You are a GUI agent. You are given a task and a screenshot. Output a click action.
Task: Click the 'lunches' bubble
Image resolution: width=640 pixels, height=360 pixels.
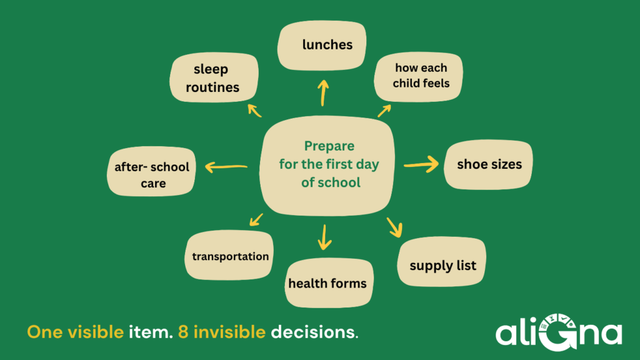322,45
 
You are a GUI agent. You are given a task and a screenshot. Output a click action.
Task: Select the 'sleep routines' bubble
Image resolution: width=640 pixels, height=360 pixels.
214,77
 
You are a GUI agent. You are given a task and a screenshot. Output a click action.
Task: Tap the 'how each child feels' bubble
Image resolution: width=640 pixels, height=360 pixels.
418,76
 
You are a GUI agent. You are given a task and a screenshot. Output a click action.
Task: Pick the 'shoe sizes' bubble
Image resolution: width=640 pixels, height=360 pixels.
488,164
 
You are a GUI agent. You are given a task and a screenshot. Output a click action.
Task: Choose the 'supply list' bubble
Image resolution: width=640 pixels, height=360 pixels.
442,262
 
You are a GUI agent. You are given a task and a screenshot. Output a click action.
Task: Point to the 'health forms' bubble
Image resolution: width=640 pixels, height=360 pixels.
329,282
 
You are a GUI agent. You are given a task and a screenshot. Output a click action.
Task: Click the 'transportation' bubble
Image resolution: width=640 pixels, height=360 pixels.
229,255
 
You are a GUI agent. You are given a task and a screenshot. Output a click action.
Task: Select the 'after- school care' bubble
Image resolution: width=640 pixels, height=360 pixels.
151,171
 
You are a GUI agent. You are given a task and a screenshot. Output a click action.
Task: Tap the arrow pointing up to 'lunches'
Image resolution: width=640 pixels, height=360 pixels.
323,93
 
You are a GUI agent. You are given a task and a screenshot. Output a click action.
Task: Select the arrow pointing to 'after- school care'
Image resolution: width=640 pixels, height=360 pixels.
226,166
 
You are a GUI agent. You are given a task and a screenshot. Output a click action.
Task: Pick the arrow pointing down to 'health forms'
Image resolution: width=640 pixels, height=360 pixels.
324,237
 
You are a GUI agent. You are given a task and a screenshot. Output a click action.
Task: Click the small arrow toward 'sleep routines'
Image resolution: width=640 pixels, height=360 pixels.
254,111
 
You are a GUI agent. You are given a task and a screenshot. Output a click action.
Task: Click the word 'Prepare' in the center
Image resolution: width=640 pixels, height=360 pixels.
329,146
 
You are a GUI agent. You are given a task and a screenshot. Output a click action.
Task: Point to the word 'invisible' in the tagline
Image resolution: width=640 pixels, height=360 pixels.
229,332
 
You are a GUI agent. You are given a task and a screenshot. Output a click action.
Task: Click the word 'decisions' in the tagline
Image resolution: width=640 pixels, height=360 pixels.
312,332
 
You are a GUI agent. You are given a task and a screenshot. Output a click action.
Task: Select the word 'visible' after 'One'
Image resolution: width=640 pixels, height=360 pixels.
96,332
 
